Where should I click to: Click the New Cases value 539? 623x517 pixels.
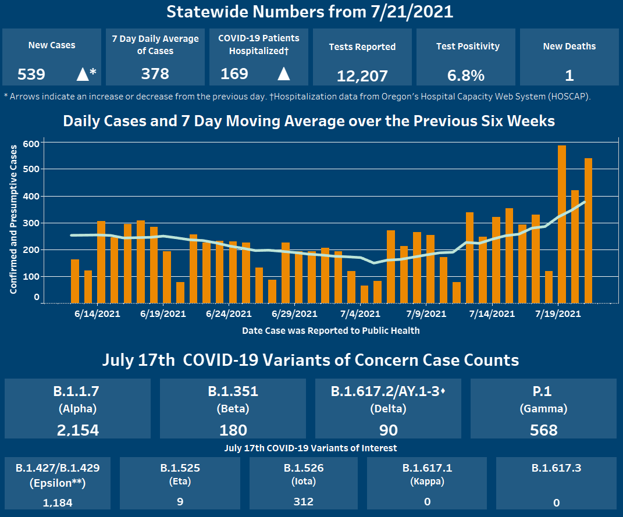pyautogui.click(x=31, y=74)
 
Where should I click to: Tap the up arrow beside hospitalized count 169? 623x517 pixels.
pyautogui.click(x=283, y=74)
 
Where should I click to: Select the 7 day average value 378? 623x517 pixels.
pyautogui.click(x=155, y=74)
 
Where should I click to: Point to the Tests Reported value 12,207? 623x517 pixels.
pyautogui.click(x=362, y=76)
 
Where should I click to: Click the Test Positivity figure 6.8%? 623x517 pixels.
pyautogui.click(x=466, y=76)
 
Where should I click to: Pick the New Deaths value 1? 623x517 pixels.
pyautogui.click(x=569, y=76)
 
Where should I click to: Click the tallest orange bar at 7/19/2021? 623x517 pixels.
pyautogui.click(x=562, y=224)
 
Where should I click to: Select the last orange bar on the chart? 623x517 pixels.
pyautogui.click(x=588, y=230)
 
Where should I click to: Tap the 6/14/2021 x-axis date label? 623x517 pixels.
pyautogui.click(x=97, y=314)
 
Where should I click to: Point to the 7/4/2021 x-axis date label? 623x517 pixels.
pyautogui.click(x=360, y=314)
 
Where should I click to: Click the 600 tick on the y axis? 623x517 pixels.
pyautogui.click(x=31, y=143)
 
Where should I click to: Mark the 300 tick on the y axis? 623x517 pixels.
pyautogui.click(x=31, y=223)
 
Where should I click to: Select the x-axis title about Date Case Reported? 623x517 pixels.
pyautogui.click(x=330, y=330)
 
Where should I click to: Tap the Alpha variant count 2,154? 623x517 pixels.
pyautogui.click(x=78, y=430)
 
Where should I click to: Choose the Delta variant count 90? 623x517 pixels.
pyautogui.click(x=388, y=430)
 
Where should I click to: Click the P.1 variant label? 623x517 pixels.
pyautogui.click(x=543, y=391)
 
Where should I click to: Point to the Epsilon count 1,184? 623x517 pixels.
pyautogui.click(x=58, y=502)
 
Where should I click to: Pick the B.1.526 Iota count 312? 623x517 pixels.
pyautogui.click(x=303, y=502)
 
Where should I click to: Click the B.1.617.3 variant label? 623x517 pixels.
pyautogui.click(x=556, y=468)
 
